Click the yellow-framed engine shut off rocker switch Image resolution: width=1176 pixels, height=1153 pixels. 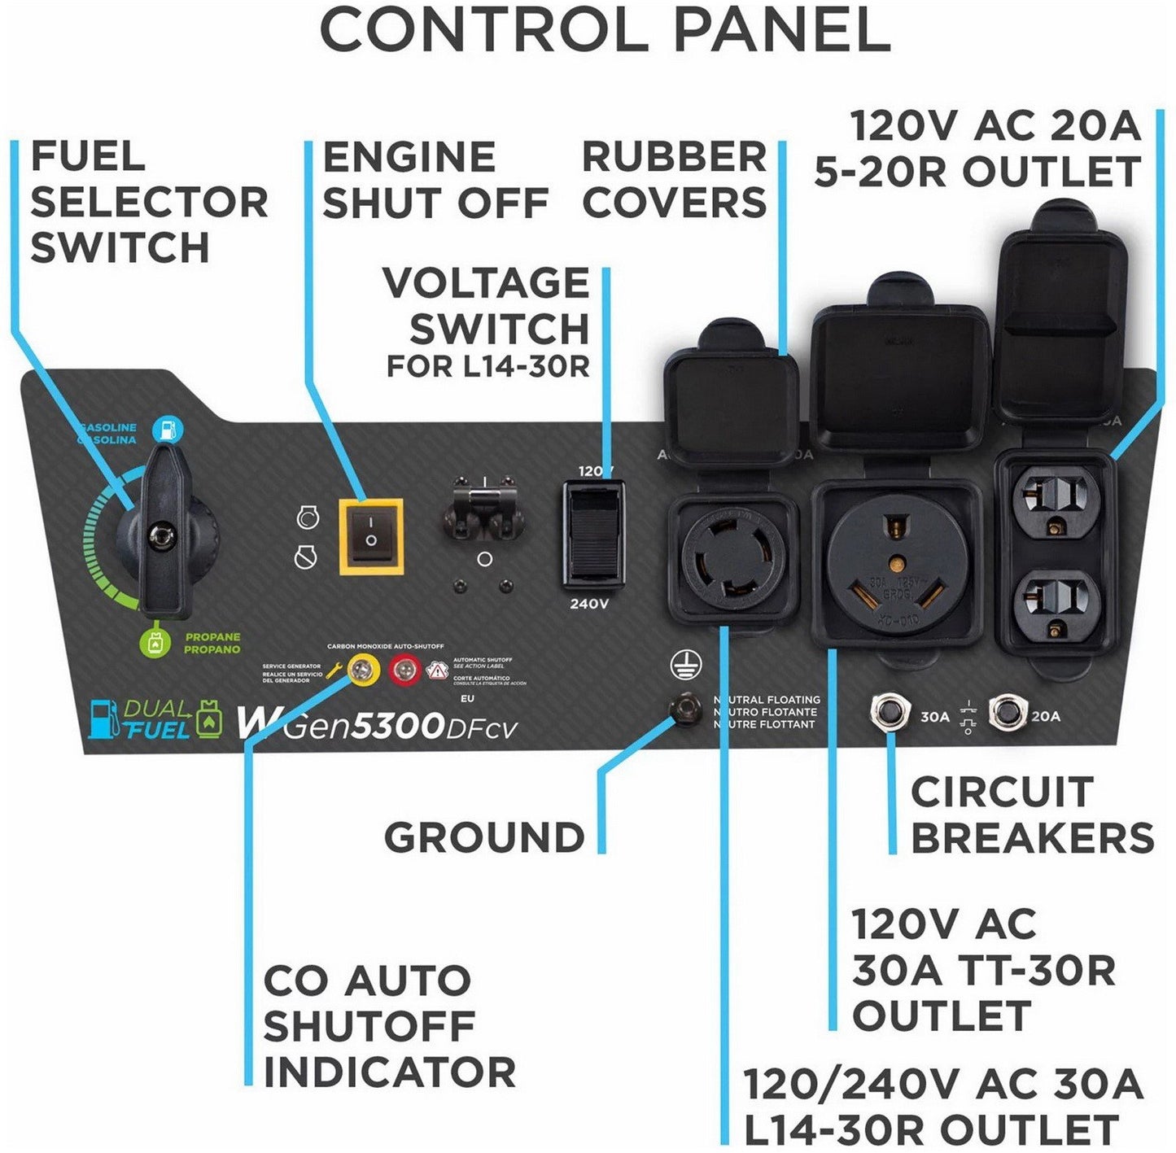[371, 537]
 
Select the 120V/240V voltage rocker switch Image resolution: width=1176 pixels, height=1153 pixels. [593, 534]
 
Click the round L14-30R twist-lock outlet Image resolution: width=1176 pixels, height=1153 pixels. [732, 558]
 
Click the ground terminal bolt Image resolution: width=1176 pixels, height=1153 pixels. [685, 709]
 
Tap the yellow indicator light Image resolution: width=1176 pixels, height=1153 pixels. [363, 670]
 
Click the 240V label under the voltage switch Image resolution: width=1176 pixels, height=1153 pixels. [589, 604]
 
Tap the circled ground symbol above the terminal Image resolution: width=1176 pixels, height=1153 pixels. [684, 666]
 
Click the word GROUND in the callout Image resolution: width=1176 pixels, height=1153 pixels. [484, 837]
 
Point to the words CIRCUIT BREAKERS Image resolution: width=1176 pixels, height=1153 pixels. [1031, 815]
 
